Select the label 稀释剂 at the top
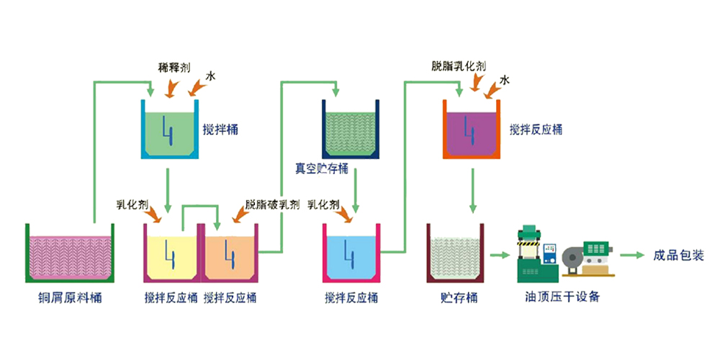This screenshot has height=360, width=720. click(x=174, y=68)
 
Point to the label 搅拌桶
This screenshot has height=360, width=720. click(x=222, y=130)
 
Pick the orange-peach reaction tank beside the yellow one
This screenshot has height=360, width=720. click(x=230, y=253)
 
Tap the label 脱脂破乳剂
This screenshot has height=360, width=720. click(x=272, y=205)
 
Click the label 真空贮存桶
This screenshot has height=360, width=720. click(x=321, y=168)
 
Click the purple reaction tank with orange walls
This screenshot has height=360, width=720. click(x=472, y=131)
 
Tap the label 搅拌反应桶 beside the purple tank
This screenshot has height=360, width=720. click(x=536, y=130)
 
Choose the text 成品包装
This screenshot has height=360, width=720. click(x=678, y=255)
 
